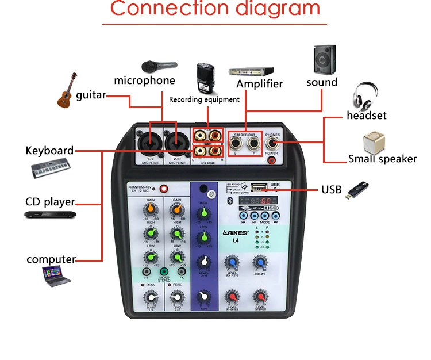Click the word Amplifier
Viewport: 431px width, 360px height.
tap(260, 84)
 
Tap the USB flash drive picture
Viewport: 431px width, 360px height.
tap(357, 190)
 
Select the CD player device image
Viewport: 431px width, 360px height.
tap(49, 215)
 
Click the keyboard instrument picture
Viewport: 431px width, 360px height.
tap(50, 169)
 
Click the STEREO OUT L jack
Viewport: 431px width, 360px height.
tap(237, 141)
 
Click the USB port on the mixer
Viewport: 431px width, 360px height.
tap(259, 187)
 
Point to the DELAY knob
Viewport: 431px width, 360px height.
tap(260, 263)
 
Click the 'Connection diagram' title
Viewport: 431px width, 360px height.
tap(215, 9)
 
